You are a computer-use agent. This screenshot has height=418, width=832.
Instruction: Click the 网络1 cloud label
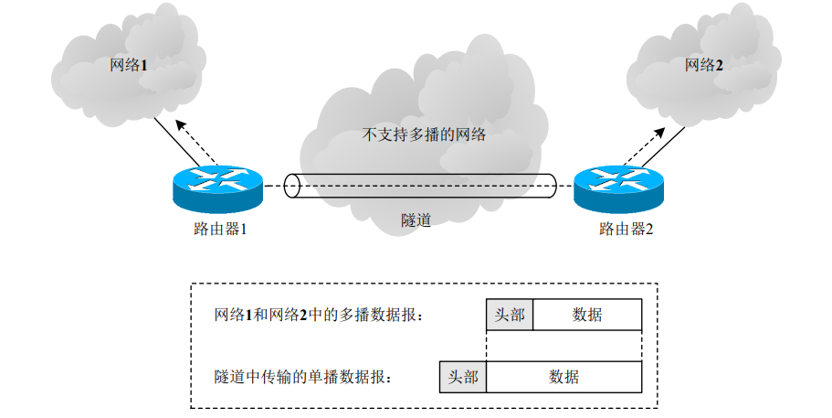[x=128, y=66]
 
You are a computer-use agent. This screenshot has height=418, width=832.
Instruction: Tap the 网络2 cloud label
[x=704, y=66]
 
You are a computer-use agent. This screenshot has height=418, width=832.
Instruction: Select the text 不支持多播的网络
[x=424, y=135]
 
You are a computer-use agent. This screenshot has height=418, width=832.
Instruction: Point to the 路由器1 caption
[x=215, y=229]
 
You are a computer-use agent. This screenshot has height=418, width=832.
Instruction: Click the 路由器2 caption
[x=626, y=229]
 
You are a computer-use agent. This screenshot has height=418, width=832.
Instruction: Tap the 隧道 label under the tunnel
[x=416, y=220]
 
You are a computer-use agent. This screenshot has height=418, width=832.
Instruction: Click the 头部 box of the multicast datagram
[x=510, y=315]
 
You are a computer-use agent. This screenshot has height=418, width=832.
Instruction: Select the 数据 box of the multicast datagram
[x=587, y=315]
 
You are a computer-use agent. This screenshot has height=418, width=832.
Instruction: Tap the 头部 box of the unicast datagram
[x=463, y=377]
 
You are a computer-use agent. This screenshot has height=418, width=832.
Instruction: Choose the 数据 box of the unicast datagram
[x=563, y=377]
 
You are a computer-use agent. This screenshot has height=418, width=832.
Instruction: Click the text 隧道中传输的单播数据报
[x=302, y=377]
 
